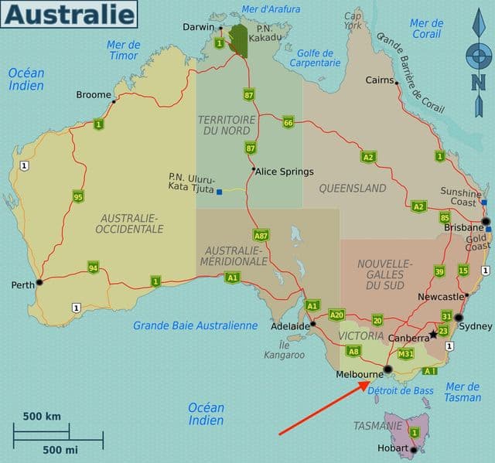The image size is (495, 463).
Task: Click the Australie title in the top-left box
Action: [x=70, y=13]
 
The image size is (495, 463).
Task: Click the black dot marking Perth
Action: [x=39, y=282]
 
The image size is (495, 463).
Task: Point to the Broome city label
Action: [x=94, y=95]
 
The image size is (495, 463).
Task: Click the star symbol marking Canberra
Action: [x=433, y=336]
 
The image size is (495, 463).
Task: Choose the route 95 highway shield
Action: [x=78, y=196]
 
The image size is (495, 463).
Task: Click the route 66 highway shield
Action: [x=288, y=122]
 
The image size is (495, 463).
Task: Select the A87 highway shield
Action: [x=261, y=235]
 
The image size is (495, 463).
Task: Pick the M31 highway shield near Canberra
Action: [x=405, y=354]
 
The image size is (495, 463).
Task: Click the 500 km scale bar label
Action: [x=42, y=417]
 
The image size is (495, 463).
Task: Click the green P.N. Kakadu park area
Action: [x=238, y=40]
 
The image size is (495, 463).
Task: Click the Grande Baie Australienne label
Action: [x=195, y=325]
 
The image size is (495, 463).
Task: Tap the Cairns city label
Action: [x=380, y=80]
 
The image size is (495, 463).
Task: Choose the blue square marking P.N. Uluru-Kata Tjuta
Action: [x=220, y=191]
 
